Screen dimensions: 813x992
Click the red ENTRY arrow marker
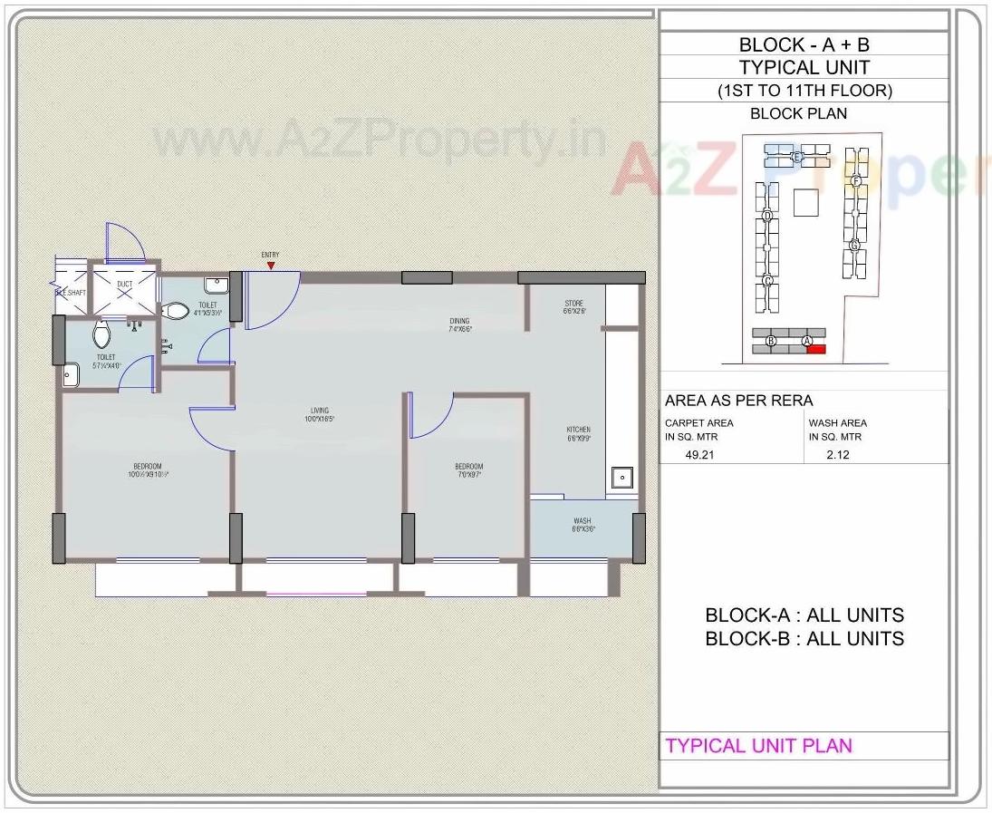pos(270,265)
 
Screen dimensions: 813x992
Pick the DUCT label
pos(124,285)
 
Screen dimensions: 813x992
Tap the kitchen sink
pos(621,479)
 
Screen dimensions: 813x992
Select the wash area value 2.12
pos(839,455)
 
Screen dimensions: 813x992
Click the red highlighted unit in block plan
pos(815,349)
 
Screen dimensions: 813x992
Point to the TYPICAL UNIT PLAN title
pos(759,746)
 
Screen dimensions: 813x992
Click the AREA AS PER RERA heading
pos(738,401)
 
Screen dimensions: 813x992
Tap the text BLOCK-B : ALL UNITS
pos(804,638)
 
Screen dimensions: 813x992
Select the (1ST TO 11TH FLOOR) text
pos(804,91)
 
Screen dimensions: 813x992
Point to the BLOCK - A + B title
pos(804,44)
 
